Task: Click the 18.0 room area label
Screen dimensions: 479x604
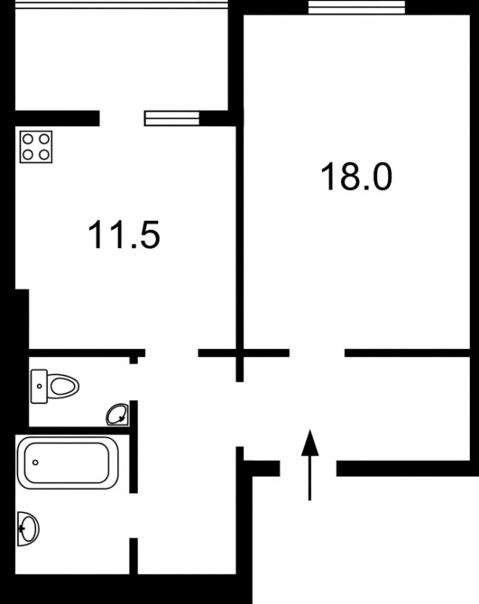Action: [356, 177]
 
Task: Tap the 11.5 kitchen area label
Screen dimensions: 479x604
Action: [124, 234]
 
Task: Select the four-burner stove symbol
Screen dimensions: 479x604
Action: [36, 147]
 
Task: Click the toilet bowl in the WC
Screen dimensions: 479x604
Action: [63, 386]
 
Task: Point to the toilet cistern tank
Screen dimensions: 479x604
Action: [39, 387]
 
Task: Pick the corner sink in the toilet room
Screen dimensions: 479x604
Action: [118, 415]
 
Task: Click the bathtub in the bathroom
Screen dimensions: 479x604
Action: [68, 462]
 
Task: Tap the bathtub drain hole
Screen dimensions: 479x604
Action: [35, 462]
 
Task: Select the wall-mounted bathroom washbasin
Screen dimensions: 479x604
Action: [28, 529]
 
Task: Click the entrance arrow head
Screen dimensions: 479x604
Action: [309, 443]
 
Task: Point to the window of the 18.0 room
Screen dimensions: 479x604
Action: [356, 7]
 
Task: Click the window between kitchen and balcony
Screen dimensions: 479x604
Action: [172, 118]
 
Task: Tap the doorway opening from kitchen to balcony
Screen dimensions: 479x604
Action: [122, 118]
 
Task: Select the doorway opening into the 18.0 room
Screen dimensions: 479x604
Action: [317, 352]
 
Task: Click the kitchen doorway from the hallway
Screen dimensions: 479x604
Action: [171, 352]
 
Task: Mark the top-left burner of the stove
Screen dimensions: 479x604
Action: [28, 139]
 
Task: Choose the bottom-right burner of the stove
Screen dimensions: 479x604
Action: [44, 155]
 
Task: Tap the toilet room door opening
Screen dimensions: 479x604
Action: [134, 382]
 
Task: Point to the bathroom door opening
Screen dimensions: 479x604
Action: [134, 516]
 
